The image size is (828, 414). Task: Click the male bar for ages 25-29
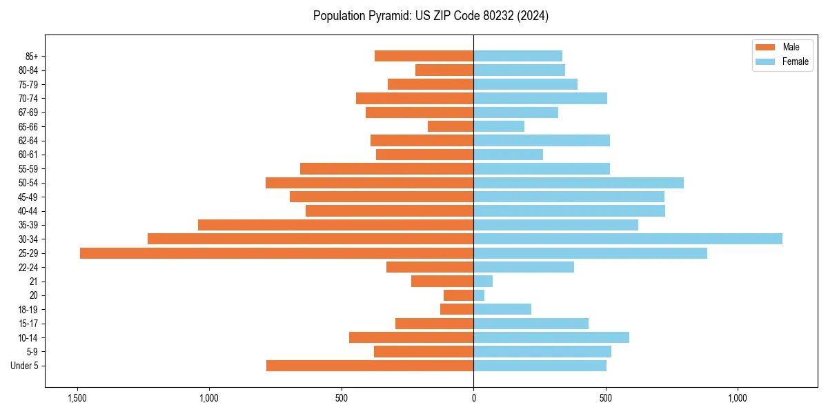(x=277, y=253)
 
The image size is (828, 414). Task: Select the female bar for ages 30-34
(x=628, y=239)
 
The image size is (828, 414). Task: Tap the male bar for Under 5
(x=370, y=366)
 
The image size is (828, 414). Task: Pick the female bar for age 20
(x=479, y=295)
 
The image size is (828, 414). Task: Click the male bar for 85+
(x=424, y=56)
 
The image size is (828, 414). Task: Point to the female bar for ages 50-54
(x=578, y=183)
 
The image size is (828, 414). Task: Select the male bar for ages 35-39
(x=335, y=225)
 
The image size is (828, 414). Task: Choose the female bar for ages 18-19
(x=502, y=309)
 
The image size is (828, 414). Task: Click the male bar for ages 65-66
(x=451, y=126)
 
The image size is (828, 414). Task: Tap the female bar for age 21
(x=483, y=282)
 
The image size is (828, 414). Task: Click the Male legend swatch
(x=765, y=47)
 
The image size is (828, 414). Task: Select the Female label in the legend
(x=795, y=61)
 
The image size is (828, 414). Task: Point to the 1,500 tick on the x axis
(x=77, y=398)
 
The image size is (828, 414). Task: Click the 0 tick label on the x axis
(x=473, y=398)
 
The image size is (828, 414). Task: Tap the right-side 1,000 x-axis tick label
(x=738, y=398)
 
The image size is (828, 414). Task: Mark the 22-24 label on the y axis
(x=28, y=268)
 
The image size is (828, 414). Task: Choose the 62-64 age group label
(x=28, y=141)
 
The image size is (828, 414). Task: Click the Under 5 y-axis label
(x=24, y=366)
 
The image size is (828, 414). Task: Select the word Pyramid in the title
(x=387, y=16)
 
